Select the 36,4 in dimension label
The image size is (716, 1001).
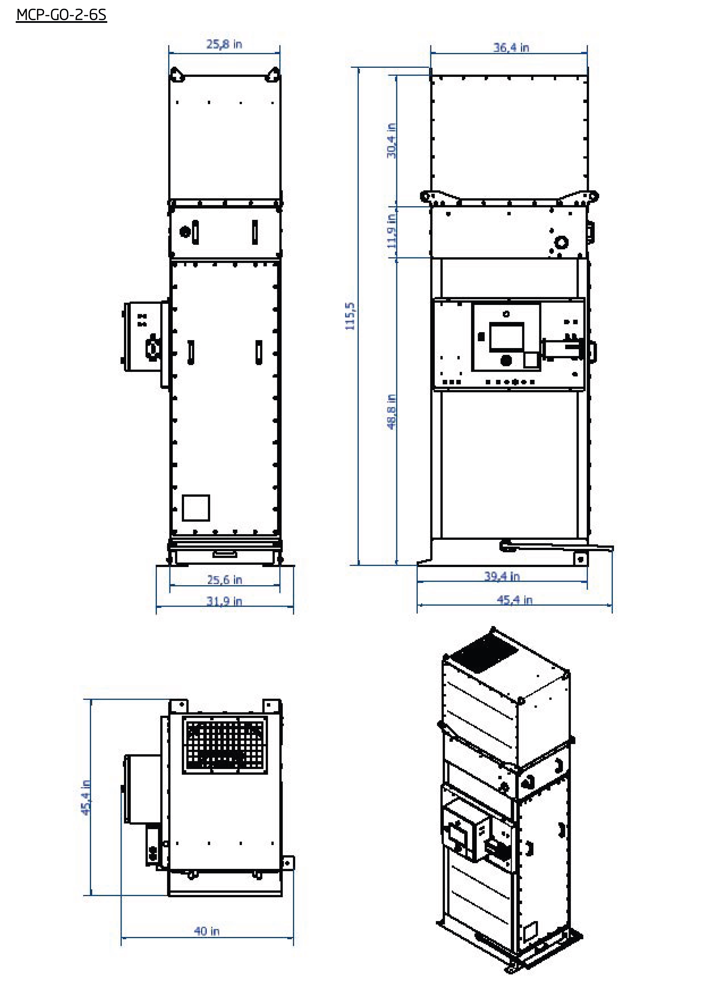click(511, 47)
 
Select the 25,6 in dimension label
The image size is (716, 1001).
click(224, 580)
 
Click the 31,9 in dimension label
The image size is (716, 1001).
click(224, 601)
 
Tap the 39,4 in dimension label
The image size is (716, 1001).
click(502, 576)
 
